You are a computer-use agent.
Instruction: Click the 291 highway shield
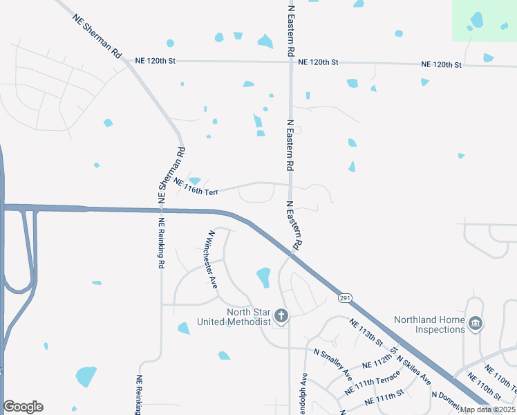(x=344, y=298)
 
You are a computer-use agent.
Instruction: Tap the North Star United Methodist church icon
(x=281, y=317)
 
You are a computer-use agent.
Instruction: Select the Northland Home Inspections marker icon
(x=476, y=324)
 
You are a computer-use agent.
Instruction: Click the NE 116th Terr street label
(x=196, y=187)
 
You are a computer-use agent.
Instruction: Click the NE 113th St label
(x=366, y=333)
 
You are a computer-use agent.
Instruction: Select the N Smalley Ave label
(x=332, y=364)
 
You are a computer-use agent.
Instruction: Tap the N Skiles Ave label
(x=413, y=370)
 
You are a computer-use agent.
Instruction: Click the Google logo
(x=23, y=407)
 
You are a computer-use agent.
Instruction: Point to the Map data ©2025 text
(x=488, y=409)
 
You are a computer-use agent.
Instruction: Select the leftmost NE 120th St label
(x=156, y=61)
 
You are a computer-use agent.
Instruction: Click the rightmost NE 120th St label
(x=442, y=64)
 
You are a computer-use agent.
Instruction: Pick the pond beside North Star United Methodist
(x=263, y=277)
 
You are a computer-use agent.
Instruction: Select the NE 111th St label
(x=384, y=399)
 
